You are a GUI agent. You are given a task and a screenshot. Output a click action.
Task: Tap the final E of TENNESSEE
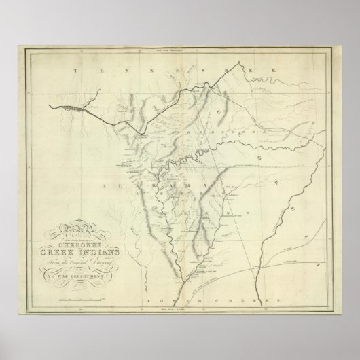(x=272, y=71)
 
